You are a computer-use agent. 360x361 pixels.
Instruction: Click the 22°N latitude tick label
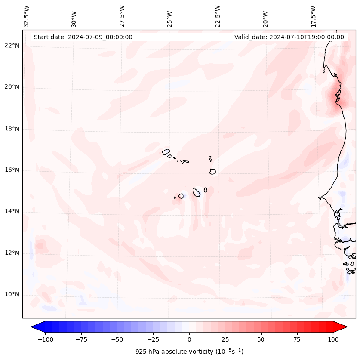click(x=12, y=46)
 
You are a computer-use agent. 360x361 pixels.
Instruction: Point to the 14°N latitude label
click(x=12, y=211)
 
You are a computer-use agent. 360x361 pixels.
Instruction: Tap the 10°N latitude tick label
click(x=12, y=294)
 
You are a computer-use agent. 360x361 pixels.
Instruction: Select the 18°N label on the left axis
click(x=12, y=129)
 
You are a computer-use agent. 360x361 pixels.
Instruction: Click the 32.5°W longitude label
click(x=27, y=16)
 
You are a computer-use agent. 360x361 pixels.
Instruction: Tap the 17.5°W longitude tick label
click(x=314, y=16)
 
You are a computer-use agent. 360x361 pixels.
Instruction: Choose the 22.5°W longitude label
click(x=218, y=16)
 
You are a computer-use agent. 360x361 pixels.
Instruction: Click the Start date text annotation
click(x=83, y=37)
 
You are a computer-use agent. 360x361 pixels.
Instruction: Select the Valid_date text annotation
click(x=289, y=37)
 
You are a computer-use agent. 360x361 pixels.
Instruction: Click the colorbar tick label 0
click(x=189, y=339)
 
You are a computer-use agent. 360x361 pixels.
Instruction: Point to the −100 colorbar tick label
click(x=45, y=339)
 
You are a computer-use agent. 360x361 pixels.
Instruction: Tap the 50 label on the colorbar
click(x=261, y=339)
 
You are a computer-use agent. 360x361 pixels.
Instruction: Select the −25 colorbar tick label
click(x=153, y=339)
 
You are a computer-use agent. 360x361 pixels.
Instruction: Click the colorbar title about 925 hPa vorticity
click(x=189, y=352)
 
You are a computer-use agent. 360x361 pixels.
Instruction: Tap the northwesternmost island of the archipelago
click(x=166, y=151)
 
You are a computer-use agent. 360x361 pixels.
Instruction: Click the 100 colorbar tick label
click(x=333, y=339)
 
